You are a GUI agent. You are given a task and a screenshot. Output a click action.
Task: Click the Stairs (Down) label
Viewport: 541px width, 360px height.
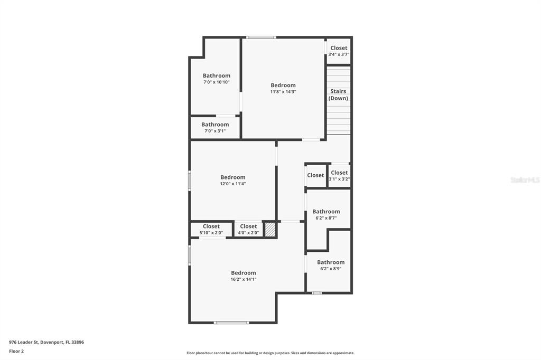click(x=338, y=95)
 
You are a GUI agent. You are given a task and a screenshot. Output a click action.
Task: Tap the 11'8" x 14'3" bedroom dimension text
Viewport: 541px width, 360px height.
click(x=283, y=92)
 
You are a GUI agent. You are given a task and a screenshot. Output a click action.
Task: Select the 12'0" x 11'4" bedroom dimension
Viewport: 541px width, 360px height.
click(x=233, y=184)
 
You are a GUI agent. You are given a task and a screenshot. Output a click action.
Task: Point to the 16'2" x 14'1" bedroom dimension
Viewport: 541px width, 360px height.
click(x=244, y=279)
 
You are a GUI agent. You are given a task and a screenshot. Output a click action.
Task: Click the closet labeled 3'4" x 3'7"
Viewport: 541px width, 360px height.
click(x=339, y=51)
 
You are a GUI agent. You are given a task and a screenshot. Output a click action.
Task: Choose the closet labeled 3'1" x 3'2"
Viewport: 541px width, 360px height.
click(x=339, y=175)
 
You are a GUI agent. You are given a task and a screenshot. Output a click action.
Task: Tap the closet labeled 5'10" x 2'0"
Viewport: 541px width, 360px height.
click(x=211, y=229)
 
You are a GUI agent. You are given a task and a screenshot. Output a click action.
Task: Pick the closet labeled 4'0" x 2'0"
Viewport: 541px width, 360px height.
click(x=248, y=229)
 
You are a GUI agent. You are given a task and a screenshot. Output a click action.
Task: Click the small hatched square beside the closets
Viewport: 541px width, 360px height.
click(x=270, y=229)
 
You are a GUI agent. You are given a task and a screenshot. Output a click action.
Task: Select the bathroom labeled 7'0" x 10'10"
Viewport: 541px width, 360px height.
click(x=217, y=79)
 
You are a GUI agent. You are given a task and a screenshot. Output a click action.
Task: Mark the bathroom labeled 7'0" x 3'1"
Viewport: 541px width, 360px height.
click(x=215, y=128)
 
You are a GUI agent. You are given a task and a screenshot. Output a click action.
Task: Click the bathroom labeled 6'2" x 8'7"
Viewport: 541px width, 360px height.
click(x=326, y=214)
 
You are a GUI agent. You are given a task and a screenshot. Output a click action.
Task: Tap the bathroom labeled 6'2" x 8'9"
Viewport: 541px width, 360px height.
click(x=331, y=265)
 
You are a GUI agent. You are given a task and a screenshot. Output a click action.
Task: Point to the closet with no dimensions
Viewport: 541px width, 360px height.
click(x=315, y=175)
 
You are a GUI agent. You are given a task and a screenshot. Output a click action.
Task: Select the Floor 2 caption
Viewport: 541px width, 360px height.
click(x=16, y=351)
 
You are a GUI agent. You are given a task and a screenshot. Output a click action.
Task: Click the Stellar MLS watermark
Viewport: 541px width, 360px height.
click(x=525, y=180)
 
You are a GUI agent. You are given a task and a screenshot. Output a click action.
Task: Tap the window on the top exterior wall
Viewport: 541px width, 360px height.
click(x=262, y=37)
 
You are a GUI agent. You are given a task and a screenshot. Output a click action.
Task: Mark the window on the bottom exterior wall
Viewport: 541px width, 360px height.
click(x=231, y=323)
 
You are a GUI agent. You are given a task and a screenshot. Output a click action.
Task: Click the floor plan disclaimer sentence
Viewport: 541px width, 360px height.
click(x=270, y=353)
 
